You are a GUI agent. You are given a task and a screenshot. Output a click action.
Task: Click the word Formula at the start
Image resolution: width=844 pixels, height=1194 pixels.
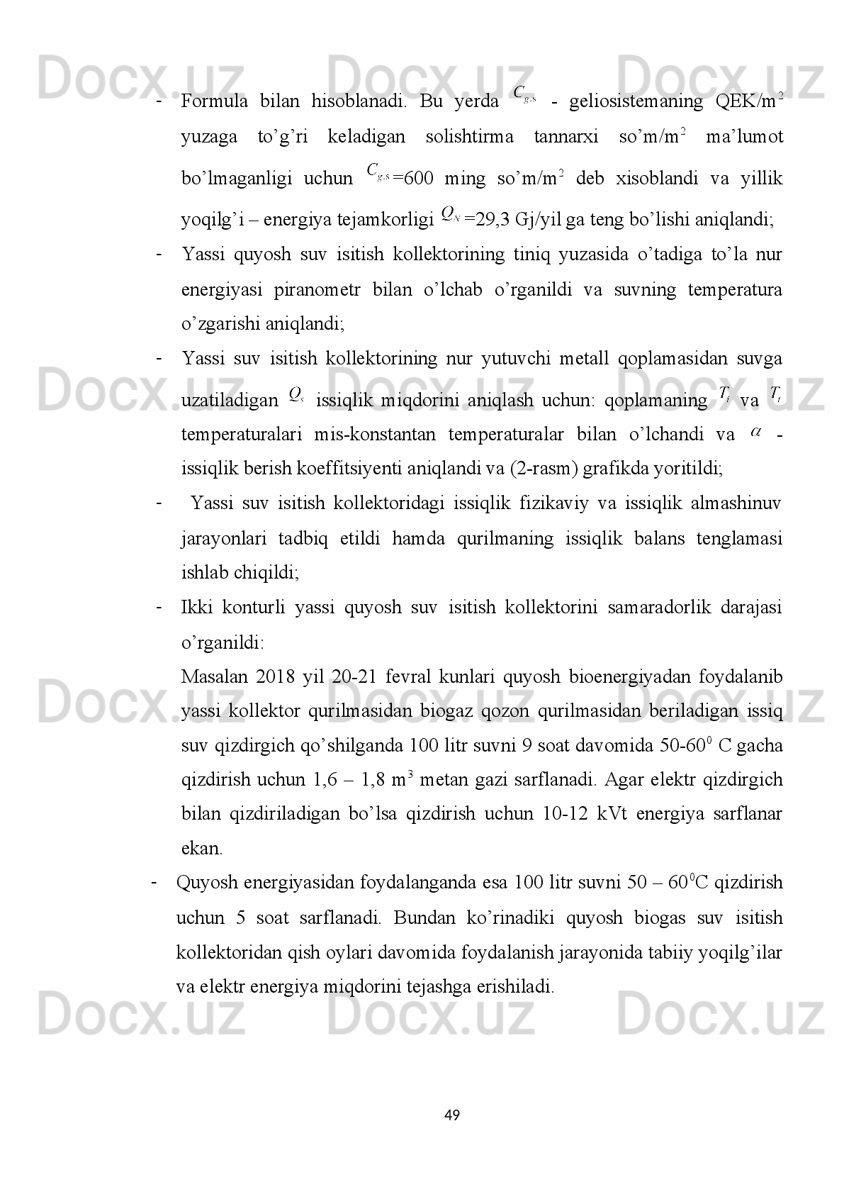214,101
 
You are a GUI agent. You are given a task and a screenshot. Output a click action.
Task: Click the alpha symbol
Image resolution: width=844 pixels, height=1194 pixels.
755,431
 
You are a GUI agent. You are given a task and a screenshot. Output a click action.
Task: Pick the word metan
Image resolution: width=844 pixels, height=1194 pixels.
443,781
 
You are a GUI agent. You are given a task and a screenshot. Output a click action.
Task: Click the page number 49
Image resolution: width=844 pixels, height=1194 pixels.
451,1116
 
